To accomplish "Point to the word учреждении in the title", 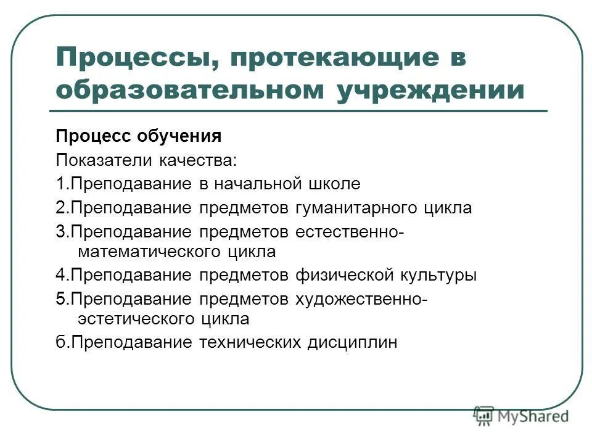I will [x=431, y=89].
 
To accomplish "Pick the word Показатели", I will [x=104, y=160].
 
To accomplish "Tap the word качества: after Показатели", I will [x=197, y=160].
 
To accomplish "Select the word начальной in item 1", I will [x=257, y=184].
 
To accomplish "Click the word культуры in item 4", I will [x=438, y=275].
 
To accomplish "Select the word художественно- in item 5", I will [x=360, y=299].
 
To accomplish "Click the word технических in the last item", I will [x=249, y=342].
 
